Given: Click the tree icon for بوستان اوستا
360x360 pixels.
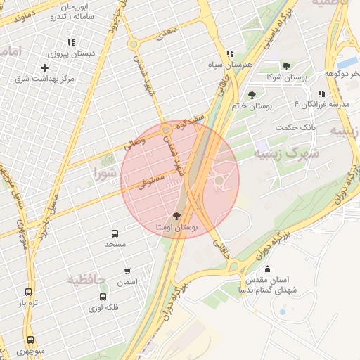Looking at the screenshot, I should coord(176,216).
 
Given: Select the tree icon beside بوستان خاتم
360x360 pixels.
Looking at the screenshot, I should coord(252,95).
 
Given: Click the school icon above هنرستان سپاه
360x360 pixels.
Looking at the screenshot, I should coord(230,53).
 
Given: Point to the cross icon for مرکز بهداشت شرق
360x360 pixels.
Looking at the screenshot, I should coord(45,68).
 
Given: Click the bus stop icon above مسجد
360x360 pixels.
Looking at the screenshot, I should coord(115,233).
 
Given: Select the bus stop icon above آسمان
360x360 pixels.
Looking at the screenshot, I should coord(127,271).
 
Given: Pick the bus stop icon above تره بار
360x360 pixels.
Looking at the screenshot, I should coord(28,292).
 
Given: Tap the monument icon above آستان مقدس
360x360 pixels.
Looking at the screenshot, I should coord(267,269).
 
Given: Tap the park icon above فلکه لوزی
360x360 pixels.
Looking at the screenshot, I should coord(104,296).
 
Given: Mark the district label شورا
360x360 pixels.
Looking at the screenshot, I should coord(105,171).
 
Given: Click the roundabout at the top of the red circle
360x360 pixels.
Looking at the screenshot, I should coord(166,130).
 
